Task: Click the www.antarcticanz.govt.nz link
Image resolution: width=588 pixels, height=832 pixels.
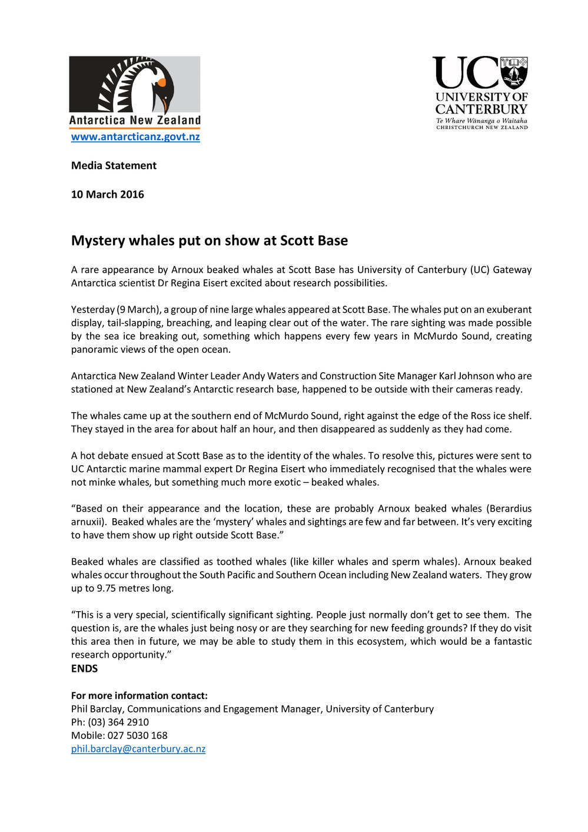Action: click(x=135, y=137)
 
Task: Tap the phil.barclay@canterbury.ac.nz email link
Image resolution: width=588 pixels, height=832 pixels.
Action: click(x=138, y=749)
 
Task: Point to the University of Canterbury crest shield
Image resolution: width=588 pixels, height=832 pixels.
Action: click(x=514, y=72)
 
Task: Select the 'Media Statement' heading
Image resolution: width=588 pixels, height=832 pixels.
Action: click(x=114, y=165)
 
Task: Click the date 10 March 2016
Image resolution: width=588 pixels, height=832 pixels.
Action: click(x=107, y=194)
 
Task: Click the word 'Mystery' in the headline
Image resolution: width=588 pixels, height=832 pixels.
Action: click(x=98, y=241)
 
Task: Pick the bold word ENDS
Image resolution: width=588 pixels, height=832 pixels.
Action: click(x=84, y=668)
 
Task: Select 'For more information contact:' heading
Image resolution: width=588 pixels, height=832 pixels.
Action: click(x=139, y=695)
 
